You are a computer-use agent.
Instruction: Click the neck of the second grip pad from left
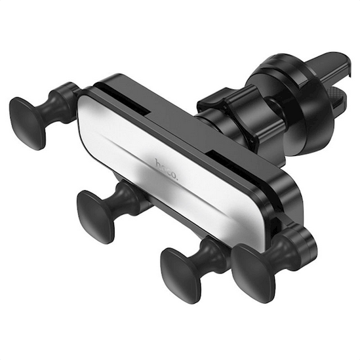(x=129, y=196)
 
